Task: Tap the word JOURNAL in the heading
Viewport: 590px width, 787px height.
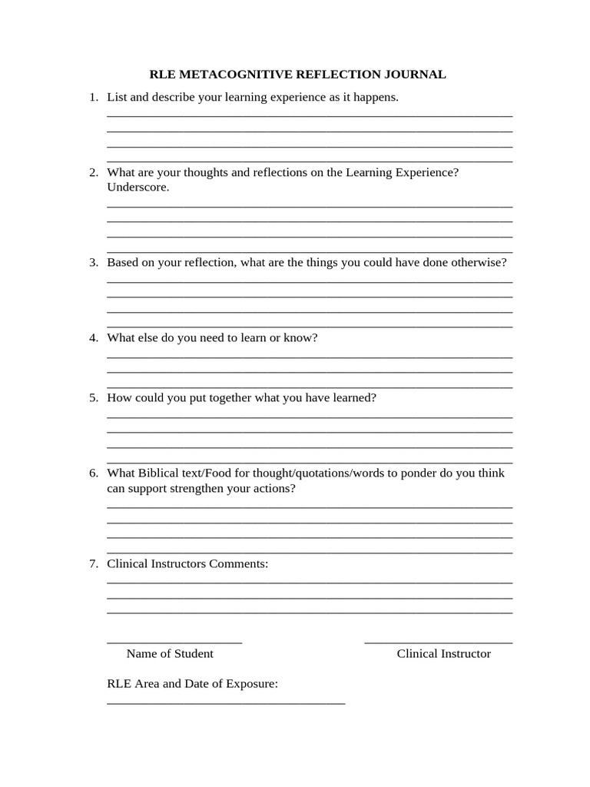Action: click(x=411, y=75)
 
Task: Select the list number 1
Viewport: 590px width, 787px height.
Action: click(x=93, y=98)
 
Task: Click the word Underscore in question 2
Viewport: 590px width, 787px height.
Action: click(x=137, y=188)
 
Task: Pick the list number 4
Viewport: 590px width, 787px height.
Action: click(x=93, y=338)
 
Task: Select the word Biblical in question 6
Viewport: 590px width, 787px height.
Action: click(x=159, y=473)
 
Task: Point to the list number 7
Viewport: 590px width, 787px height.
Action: click(x=93, y=564)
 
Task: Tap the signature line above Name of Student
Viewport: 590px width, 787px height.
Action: click(x=174, y=642)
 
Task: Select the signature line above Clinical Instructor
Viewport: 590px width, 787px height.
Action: click(x=438, y=642)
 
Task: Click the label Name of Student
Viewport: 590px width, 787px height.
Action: click(x=170, y=654)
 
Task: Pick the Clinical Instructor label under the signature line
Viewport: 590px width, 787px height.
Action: click(x=443, y=654)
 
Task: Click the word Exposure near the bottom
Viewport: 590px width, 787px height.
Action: click(x=250, y=683)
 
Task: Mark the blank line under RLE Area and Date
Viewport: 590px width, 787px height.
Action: click(x=226, y=702)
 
